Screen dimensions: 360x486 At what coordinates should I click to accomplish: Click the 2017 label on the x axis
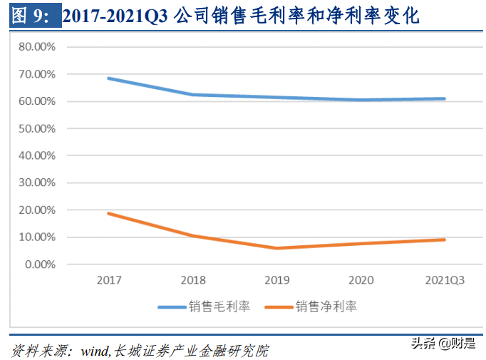(x=108, y=281)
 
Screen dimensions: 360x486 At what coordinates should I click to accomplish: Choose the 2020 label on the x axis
(x=361, y=281)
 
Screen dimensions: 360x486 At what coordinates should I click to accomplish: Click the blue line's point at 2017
(x=108, y=78)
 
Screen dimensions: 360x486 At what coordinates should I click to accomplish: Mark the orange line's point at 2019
(x=276, y=248)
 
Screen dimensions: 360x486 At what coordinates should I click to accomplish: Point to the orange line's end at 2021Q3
(x=445, y=240)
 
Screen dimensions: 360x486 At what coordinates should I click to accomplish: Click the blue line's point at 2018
(x=192, y=94)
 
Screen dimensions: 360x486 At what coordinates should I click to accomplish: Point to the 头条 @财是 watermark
(x=443, y=344)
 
